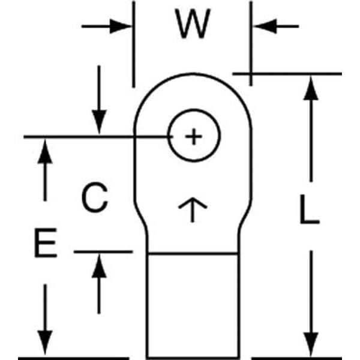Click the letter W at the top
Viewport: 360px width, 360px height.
193,25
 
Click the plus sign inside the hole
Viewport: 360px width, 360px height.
193,137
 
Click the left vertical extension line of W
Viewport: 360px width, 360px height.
132,48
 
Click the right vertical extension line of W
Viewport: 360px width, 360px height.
251,42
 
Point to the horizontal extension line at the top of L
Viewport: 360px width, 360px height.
288,74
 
